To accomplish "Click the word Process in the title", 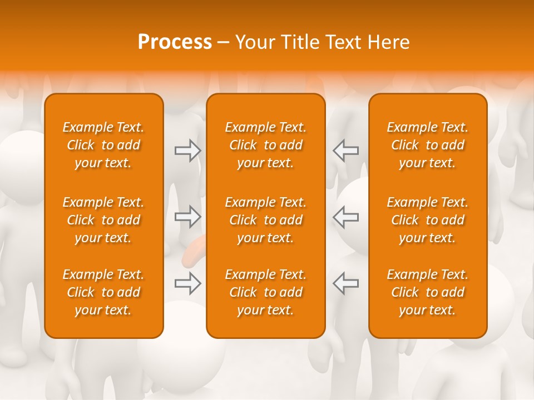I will tap(175, 42).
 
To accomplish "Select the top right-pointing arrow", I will tap(188, 150).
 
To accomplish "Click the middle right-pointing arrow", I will tap(188, 217).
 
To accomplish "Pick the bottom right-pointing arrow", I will tap(188, 283).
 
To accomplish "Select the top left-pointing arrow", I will tap(345, 150).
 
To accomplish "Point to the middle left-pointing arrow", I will tap(345, 217).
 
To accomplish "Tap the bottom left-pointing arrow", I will tap(345, 283).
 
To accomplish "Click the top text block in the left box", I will tap(103, 145).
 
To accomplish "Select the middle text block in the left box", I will tap(103, 220).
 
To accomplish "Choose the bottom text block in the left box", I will tap(103, 292).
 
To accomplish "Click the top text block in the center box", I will tap(266, 145).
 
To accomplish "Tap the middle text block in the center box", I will tap(266, 220).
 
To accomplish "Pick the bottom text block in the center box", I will tap(266, 292).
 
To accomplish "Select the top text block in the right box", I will tap(428, 145).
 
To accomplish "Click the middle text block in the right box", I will tap(428, 220).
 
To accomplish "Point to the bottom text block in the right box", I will tap(428, 292).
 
